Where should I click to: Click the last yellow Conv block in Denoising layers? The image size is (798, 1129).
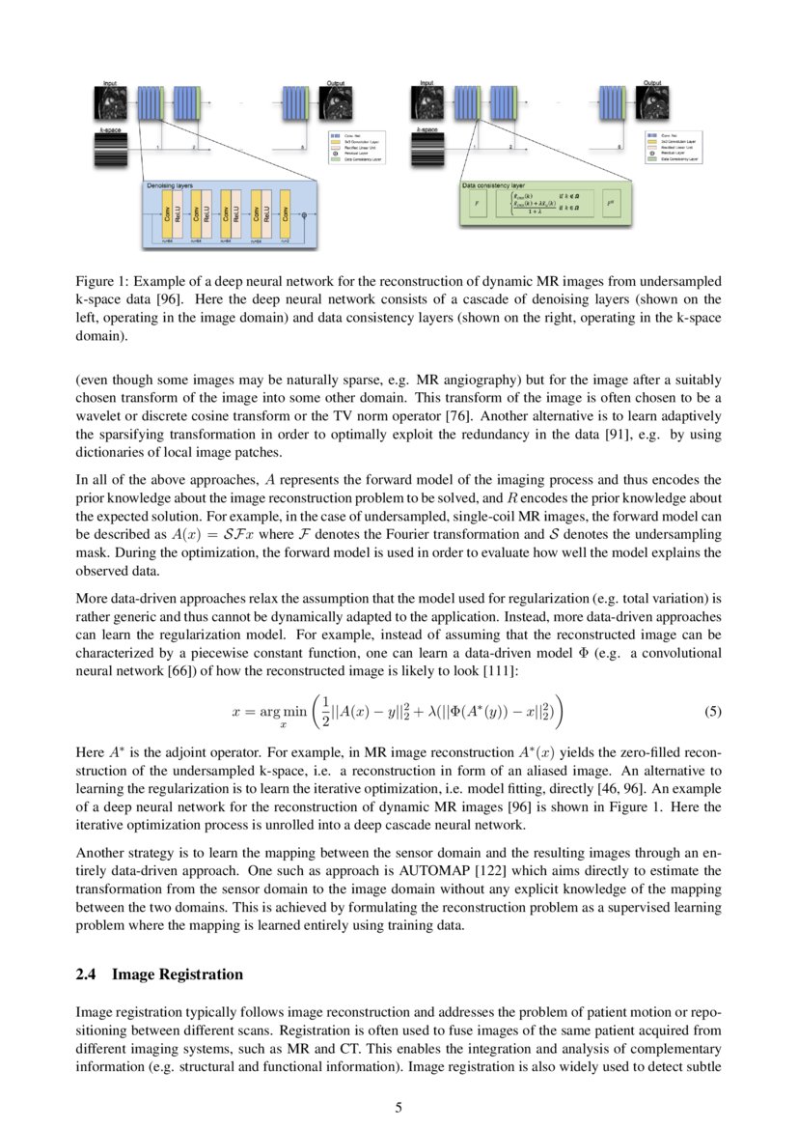[286, 214]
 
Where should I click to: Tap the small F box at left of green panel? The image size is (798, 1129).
[475, 205]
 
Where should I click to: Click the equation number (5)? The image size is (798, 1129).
[712, 713]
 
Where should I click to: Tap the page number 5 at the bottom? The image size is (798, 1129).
[399, 1108]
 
